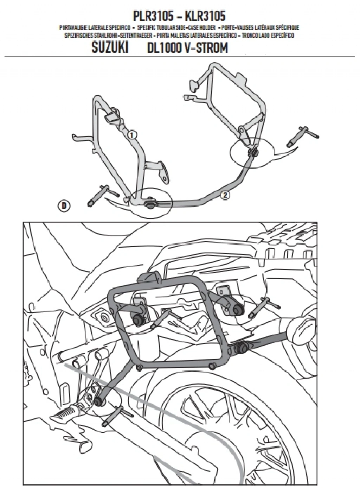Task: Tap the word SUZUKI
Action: coord(110,47)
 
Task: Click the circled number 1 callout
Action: coord(131,134)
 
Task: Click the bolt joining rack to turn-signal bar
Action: coord(242,348)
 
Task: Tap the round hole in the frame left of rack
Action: coord(104,318)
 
